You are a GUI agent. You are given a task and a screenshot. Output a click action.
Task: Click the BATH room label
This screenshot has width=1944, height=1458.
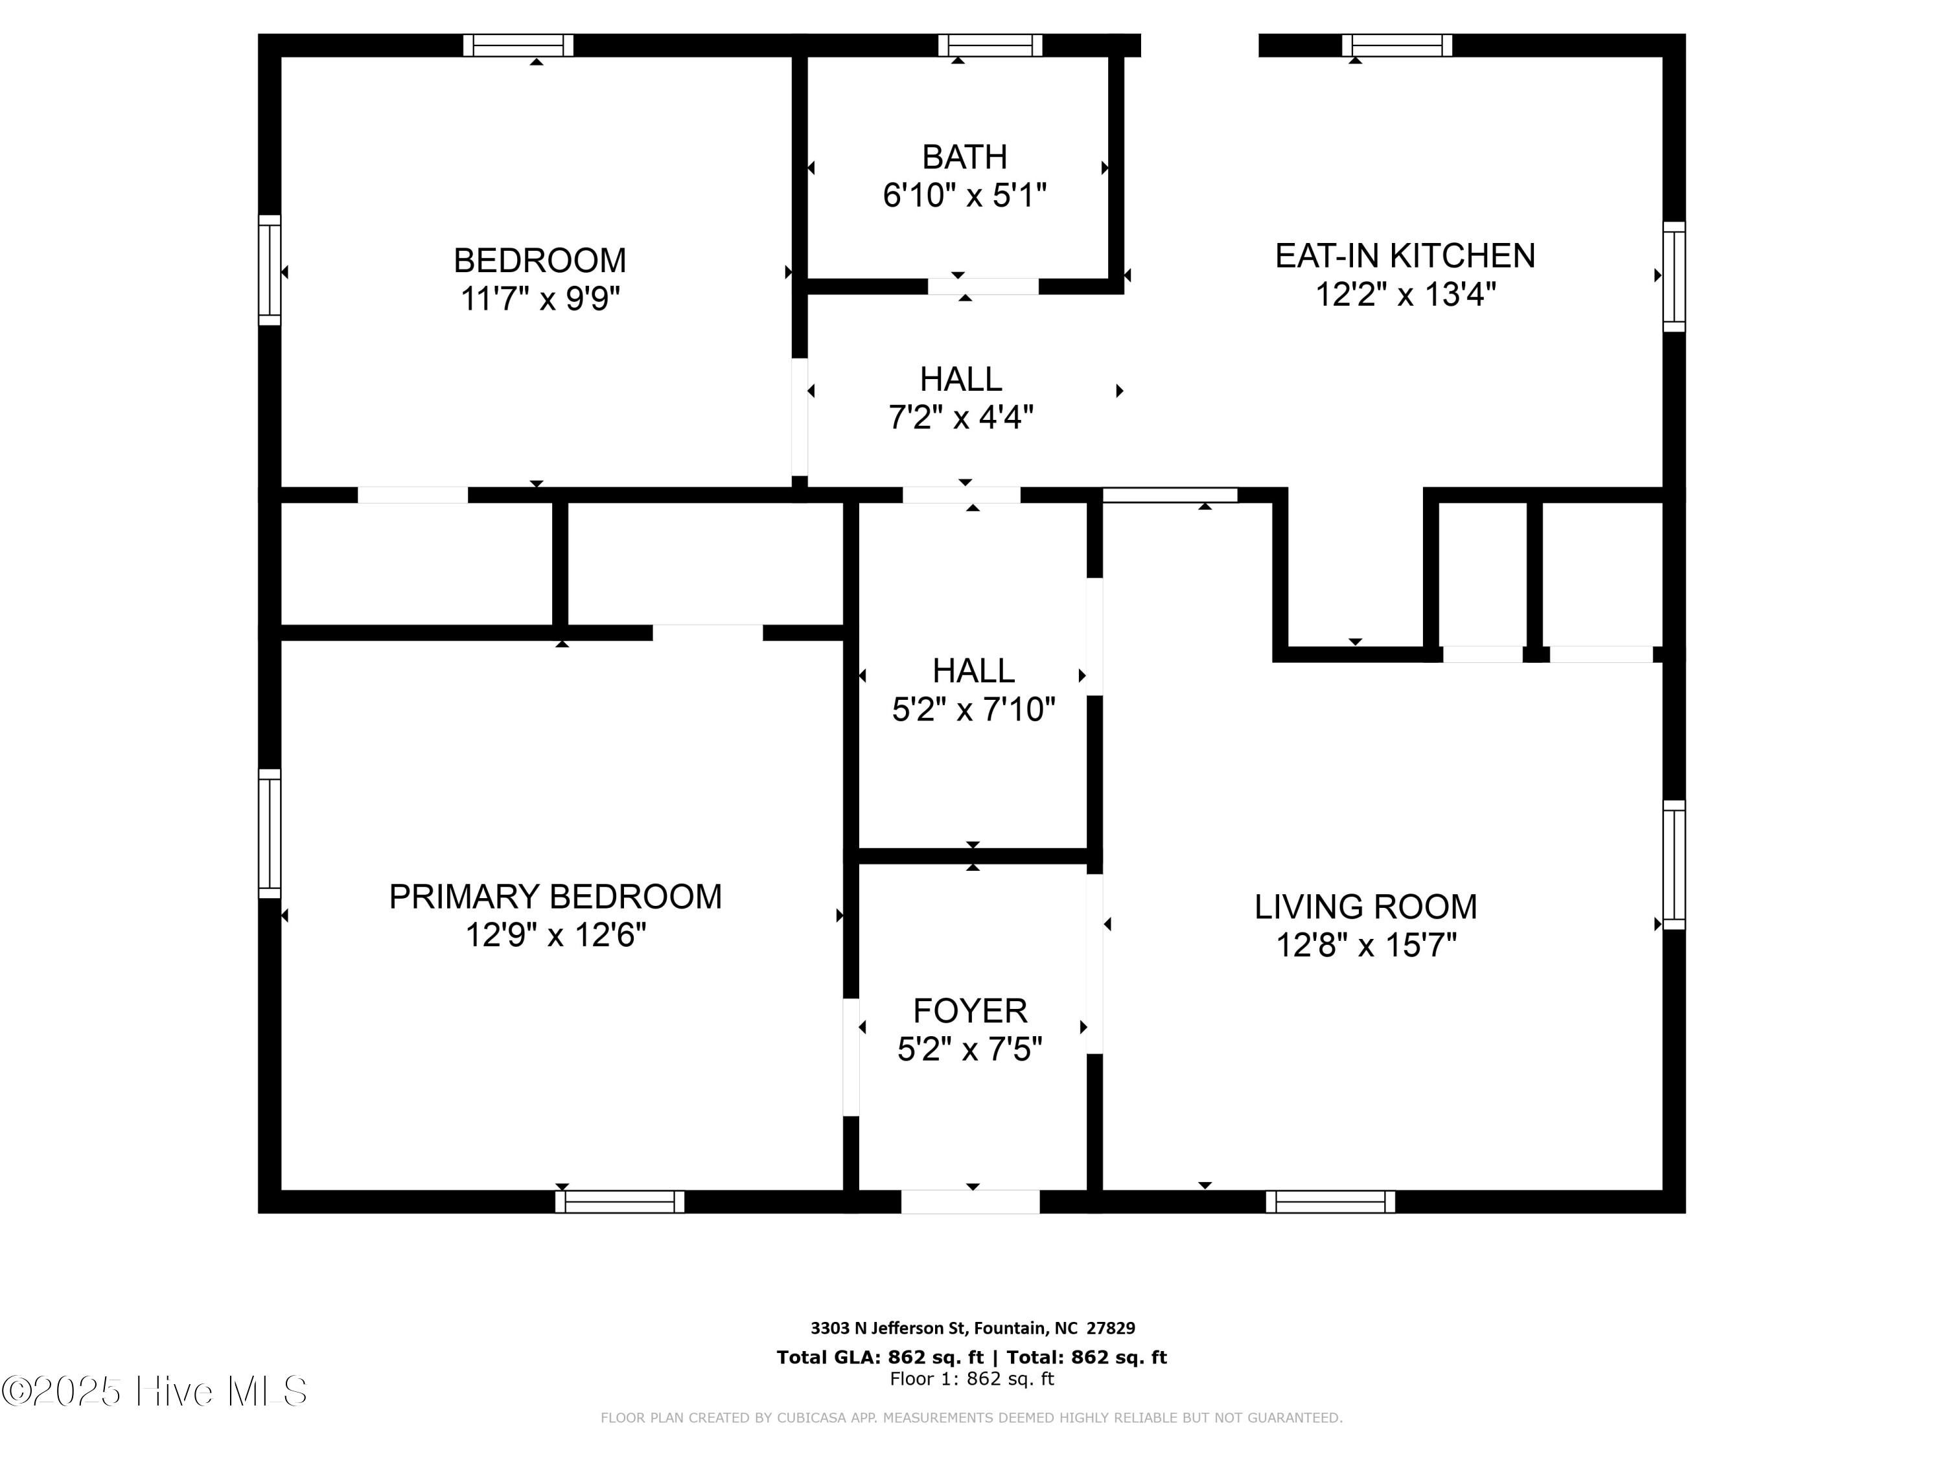(964, 157)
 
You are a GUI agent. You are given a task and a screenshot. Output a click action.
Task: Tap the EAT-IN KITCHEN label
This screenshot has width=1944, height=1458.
(1404, 256)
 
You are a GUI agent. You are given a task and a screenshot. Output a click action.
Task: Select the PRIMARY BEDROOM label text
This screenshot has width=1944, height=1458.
(555, 896)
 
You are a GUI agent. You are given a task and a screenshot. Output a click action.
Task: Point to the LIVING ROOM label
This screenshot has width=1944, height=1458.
(1365, 907)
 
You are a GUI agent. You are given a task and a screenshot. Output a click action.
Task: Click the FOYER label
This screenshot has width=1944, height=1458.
(969, 1011)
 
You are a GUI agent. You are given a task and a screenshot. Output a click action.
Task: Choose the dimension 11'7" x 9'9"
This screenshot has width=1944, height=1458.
(540, 299)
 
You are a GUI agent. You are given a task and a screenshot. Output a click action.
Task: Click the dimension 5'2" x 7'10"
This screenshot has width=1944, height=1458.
(973, 709)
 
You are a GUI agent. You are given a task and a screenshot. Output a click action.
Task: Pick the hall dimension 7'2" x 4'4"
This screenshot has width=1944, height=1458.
(960, 417)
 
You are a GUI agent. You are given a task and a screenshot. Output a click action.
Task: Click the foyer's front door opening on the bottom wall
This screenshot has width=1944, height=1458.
(970, 1201)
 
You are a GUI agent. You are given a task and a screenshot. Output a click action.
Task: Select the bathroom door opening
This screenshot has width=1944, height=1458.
(982, 286)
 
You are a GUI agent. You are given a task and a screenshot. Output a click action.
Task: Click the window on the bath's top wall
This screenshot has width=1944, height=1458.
(989, 45)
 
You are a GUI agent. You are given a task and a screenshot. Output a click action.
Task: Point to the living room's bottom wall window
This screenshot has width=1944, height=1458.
(1330, 1201)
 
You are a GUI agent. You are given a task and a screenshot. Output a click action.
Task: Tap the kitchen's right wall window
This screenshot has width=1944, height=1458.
(1674, 276)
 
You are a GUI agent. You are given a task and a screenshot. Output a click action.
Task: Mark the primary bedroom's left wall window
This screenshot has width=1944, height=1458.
(269, 833)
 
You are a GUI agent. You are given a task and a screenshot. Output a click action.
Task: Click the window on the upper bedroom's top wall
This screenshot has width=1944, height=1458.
(518, 45)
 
